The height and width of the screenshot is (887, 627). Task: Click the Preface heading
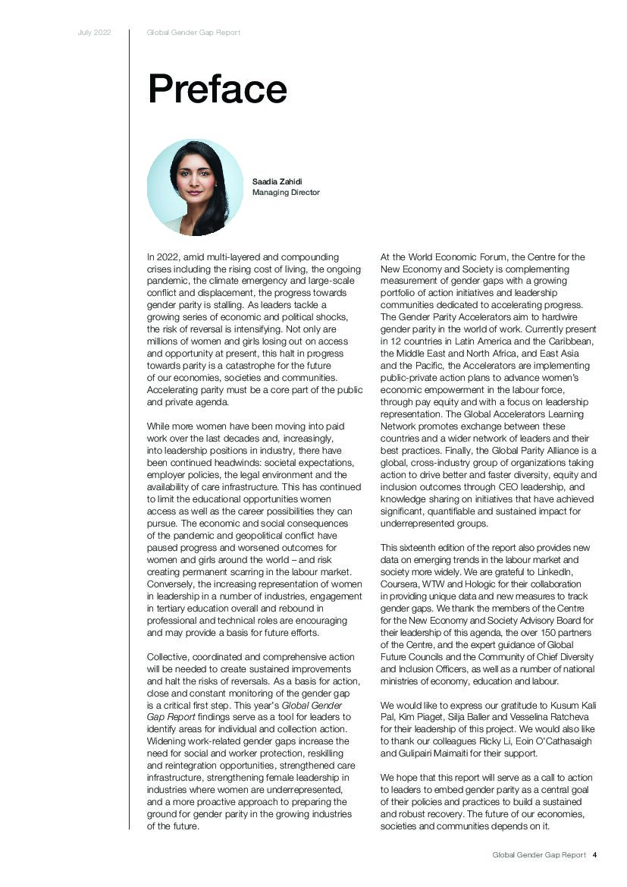(x=217, y=90)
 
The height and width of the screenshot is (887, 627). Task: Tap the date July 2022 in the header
(x=95, y=33)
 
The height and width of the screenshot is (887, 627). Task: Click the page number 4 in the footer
(x=595, y=854)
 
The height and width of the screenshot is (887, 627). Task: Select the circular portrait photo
(x=195, y=187)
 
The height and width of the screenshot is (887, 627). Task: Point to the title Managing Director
(x=286, y=193)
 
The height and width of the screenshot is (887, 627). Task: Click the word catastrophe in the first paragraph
(x=241, y=366)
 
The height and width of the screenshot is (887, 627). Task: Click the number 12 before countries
(x=394, y=341)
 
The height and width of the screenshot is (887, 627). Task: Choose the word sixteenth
(x=425, y=548)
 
